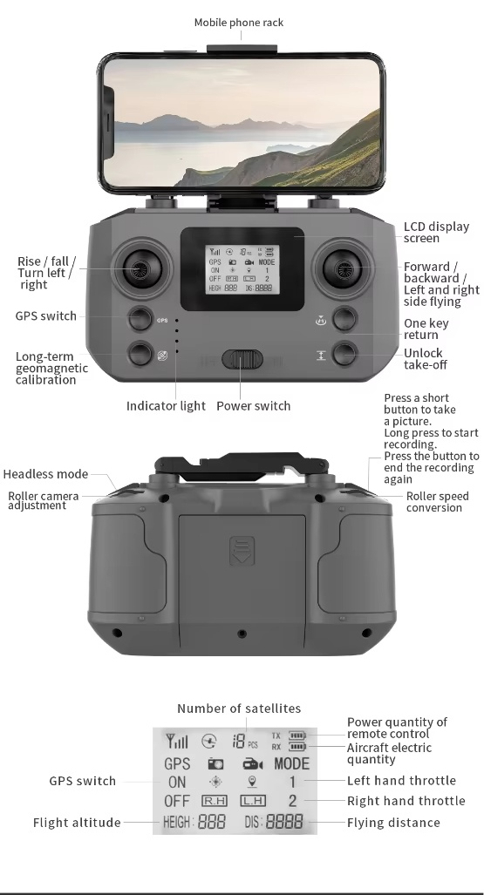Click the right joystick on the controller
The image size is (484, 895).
(x=344, y=268)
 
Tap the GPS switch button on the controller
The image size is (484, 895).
(x=140, y=318)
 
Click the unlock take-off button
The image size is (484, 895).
(x=344, y=354)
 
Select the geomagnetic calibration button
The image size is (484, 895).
(x=140, y=354)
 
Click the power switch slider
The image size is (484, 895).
(x=242, y=360)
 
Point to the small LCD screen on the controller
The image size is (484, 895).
(x=242, y=269)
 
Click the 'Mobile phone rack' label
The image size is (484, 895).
(x=239, y=23)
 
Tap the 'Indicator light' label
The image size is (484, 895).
(x=166, y=406)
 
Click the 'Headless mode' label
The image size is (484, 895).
(x=45, y=474)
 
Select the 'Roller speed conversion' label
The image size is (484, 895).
(x=437, y=502)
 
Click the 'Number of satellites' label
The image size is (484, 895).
(x=239, y=709)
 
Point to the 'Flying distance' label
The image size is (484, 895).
(x=393, y=823)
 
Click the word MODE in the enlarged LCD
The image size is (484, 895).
(x=291, y=763)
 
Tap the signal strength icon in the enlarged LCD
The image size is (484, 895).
(x=176, y=741)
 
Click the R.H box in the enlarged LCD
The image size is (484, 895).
(x=215, y=801)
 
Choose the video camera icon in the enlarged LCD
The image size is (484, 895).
(x=253, y=764)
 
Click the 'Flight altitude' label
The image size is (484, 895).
(x=77, y=823)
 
